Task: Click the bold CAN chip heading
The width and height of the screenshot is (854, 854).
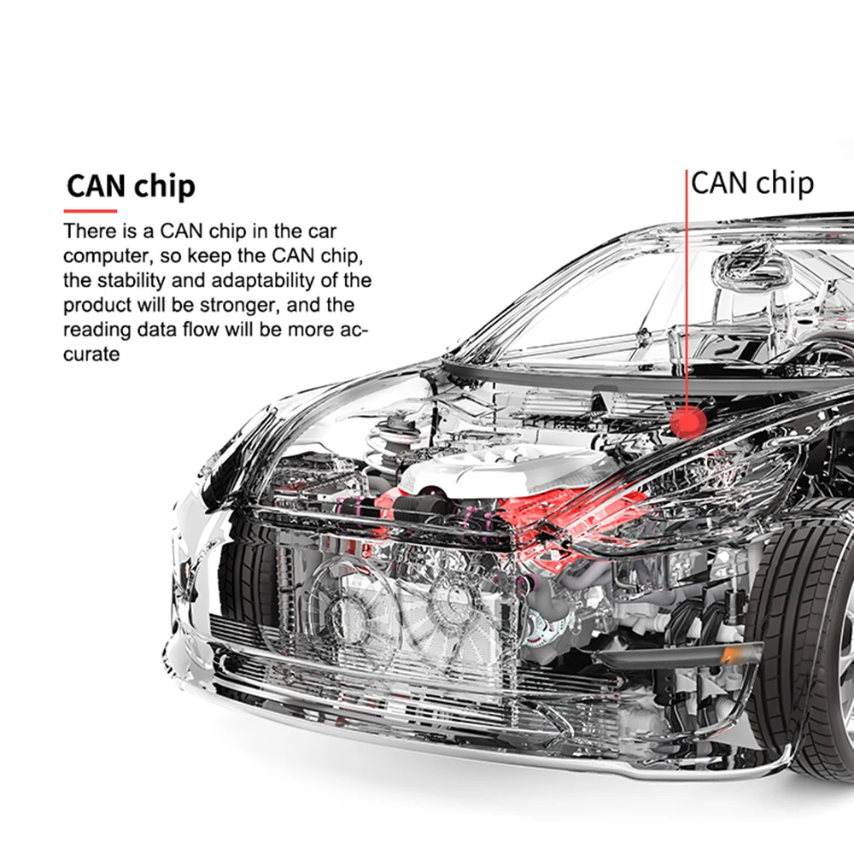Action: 131,186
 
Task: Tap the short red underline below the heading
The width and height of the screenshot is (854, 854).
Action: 91,211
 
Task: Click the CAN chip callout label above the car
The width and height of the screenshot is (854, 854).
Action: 752,184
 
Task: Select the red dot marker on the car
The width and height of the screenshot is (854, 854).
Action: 687,422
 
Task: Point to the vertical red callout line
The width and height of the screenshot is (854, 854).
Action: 687,289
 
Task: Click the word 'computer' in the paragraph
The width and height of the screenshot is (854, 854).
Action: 109,256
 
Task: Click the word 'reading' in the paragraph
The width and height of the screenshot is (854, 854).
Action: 97,330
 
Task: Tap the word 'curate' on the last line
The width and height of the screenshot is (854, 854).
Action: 91,354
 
